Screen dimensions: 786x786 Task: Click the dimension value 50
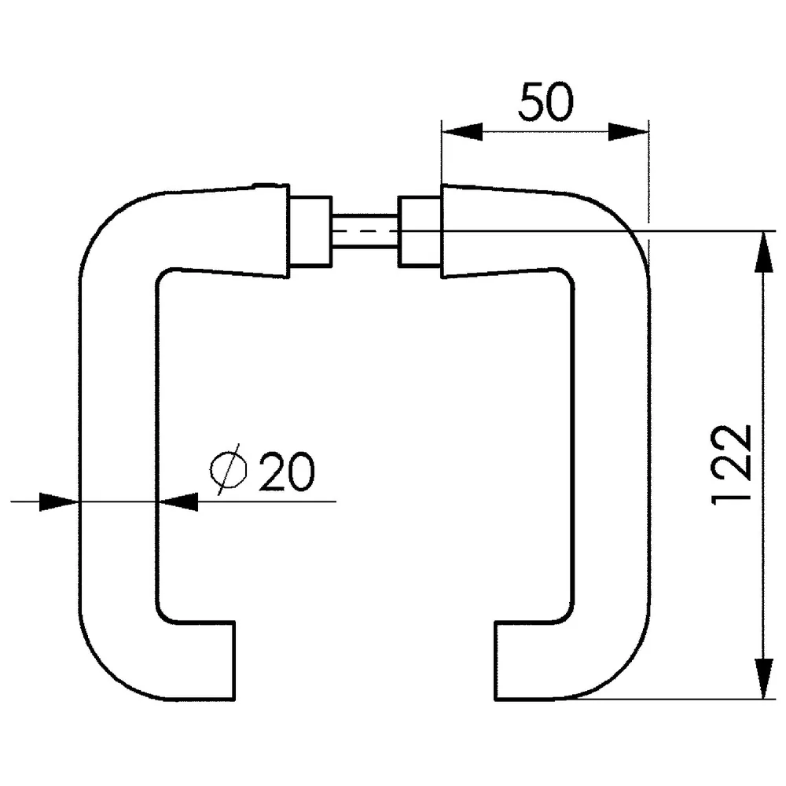pyautogui.click(x=545, y=101)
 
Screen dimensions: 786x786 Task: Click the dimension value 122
pyautogui.click(x=732, y=465)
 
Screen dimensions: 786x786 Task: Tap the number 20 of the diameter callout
pyautogui.click(x=287, y=471)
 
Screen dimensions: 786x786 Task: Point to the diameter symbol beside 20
pyautogui.click(x=229, y=470)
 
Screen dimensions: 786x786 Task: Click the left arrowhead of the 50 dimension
pyautogui.click(x=461, y=132)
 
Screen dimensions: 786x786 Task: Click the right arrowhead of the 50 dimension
pyautogui.click(x=628, y=132)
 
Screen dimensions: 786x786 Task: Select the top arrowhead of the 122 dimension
pyautogui.click(x=763, y=252)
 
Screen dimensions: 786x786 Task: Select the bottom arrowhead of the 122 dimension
pyautogui.click(x=763, y=678)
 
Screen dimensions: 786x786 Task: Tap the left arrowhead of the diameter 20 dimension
pyautogui.click(x=59, y=501)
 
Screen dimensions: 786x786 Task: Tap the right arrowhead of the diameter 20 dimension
pyautogui.click(x=178, y=501)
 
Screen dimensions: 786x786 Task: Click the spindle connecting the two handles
pyautogui.click(x=365, y=230)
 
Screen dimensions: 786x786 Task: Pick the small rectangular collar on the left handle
pyautogui.click(x=310, y=231)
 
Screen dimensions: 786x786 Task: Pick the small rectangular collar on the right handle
pyautogui.click(x=420, y=231)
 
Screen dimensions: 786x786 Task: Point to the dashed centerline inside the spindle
pyautogui.click(x=365, y=231)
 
